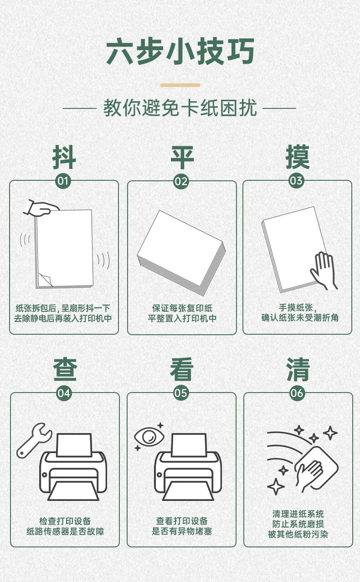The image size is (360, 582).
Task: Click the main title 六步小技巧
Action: coord(180,51)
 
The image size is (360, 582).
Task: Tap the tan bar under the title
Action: coord(180,85)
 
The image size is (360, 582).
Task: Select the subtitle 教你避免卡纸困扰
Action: coord(180,108)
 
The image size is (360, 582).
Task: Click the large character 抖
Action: coord(64,157)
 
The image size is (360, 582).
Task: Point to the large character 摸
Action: coord(298,157)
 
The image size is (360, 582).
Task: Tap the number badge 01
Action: coord(63,181)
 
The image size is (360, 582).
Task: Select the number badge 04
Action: coord(64,393)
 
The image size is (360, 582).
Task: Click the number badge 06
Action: coord(297,393)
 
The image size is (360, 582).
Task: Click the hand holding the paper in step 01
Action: coord(41,208)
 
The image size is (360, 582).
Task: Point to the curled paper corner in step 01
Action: coord(46,280)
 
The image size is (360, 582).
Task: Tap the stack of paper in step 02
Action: coord(181,253)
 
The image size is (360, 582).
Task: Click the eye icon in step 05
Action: coord(149,437)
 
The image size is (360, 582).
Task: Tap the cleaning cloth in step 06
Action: coord(316,467)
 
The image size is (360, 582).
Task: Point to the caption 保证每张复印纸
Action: coord(182,308)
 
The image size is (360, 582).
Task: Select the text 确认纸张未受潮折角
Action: coord(300,317)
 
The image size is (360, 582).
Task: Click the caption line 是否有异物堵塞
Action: coord(182,531)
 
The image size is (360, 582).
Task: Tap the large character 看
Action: coord(182,369)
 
